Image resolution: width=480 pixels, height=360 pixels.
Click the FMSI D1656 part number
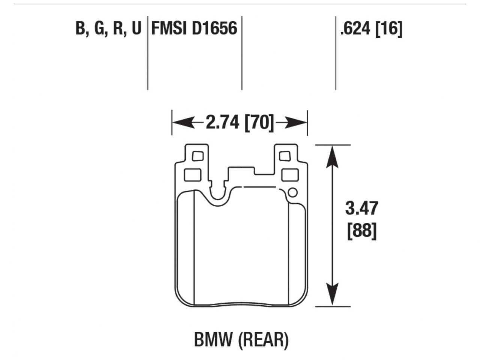point(194,28)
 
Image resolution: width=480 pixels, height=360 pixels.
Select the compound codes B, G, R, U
point(108,29)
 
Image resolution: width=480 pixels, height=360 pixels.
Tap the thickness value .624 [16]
point(371,28)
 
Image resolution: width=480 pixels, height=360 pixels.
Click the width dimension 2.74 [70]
point(240,122)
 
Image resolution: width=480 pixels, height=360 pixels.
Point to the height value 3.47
point(361,208)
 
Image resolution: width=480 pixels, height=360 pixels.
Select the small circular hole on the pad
point(292,193)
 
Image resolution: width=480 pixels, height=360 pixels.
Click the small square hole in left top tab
point(197,156)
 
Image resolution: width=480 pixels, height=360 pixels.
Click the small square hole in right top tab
point(285,156)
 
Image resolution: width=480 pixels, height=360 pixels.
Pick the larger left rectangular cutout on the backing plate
point(193,175)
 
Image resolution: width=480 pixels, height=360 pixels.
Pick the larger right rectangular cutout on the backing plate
point(289,175)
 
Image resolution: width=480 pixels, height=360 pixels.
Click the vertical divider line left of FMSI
point(147,52)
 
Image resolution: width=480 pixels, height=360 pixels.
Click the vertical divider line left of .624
point(335,52)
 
